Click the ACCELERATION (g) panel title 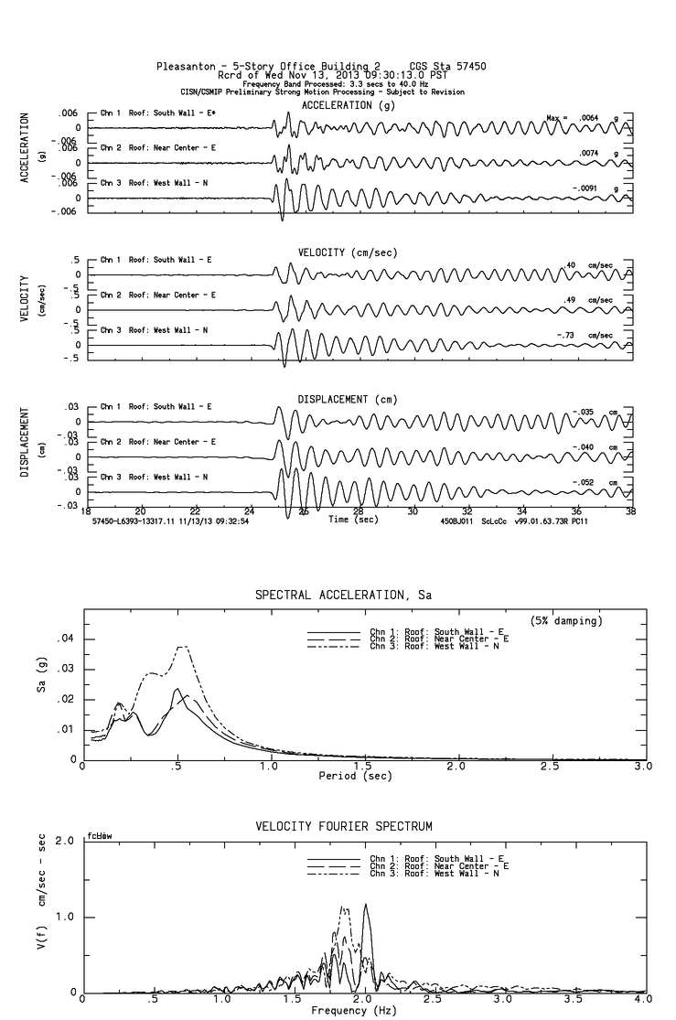click(349, 105)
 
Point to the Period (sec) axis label click(355, 775)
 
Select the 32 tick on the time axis click(467, 510)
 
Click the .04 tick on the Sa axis click(66, 639)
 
